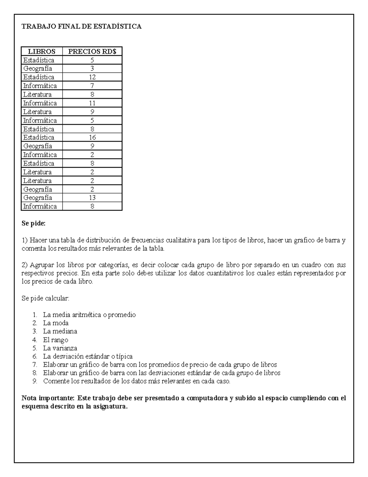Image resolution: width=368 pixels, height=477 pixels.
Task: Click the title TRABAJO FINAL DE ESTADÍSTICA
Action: [x=82, y=26]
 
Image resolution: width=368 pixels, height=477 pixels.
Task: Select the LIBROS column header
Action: [x=42, y=51]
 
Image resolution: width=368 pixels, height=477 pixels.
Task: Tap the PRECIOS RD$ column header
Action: [x=92, y=51]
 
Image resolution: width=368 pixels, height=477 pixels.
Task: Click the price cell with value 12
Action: [x=92, y=77]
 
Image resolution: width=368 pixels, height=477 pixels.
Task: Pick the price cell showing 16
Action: [x=92, y=137]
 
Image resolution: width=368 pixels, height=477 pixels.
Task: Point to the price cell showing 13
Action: [x=92, y=197]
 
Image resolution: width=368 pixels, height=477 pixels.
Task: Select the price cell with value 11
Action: [x=92, y=103]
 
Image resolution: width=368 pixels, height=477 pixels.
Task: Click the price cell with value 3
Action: [x=92, y=68]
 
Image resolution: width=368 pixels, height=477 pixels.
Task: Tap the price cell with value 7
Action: [x=92, y=86]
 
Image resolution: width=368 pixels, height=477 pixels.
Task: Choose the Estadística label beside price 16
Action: [x=39, y=137]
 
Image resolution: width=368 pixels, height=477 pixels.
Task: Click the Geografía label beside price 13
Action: [x=37, y=197]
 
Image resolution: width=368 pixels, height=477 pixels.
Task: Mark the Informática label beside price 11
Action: [x=40, y=103]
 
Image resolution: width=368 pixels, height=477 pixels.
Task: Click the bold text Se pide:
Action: [x=33, y=224]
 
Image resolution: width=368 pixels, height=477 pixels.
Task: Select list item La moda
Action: [x=56, y=323]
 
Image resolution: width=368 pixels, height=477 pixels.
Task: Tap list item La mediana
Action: [x=60, y=331]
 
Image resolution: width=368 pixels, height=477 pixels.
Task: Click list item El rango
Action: [x=56, y=340]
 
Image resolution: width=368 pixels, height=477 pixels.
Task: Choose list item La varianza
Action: [x=60, y=348]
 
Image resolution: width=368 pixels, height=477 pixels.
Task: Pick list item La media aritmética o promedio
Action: [x=89, y=315]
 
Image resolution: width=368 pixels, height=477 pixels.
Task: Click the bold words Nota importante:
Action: [x=48, y=398]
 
